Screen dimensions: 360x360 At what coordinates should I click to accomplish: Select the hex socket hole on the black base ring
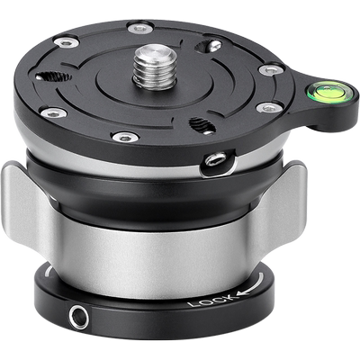click(x=78, y=317)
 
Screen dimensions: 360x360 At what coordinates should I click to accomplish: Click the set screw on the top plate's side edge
click(x=215, y=159)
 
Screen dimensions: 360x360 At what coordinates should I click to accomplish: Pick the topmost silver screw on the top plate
click(x=140, y=28)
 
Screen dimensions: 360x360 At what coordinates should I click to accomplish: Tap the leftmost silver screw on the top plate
click(x=53, y=113)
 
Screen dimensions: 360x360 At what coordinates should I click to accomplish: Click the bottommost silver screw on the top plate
click(x=126, y=137)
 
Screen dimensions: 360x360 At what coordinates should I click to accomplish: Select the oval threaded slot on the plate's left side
click(x=53, y=77)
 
